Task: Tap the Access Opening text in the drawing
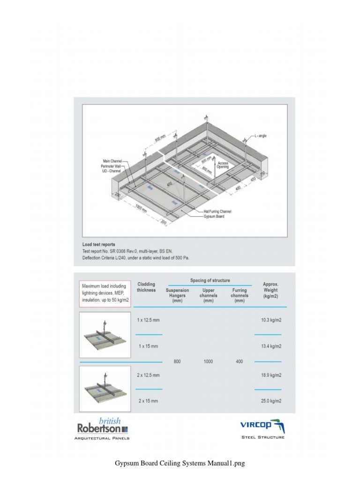(x=223, y=165)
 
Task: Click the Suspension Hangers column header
(x=177, y=295)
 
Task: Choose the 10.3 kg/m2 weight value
(x=271, y=320)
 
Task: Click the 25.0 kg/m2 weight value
(x=271, y=401)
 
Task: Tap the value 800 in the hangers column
(x=177, y=361)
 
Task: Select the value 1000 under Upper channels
(x=208, y=361)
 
